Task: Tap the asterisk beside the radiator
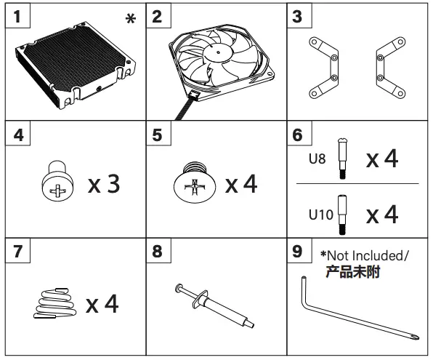pyautogui.click(x=130, y=19)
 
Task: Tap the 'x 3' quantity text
pyautogui.click(x=104, y=183)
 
